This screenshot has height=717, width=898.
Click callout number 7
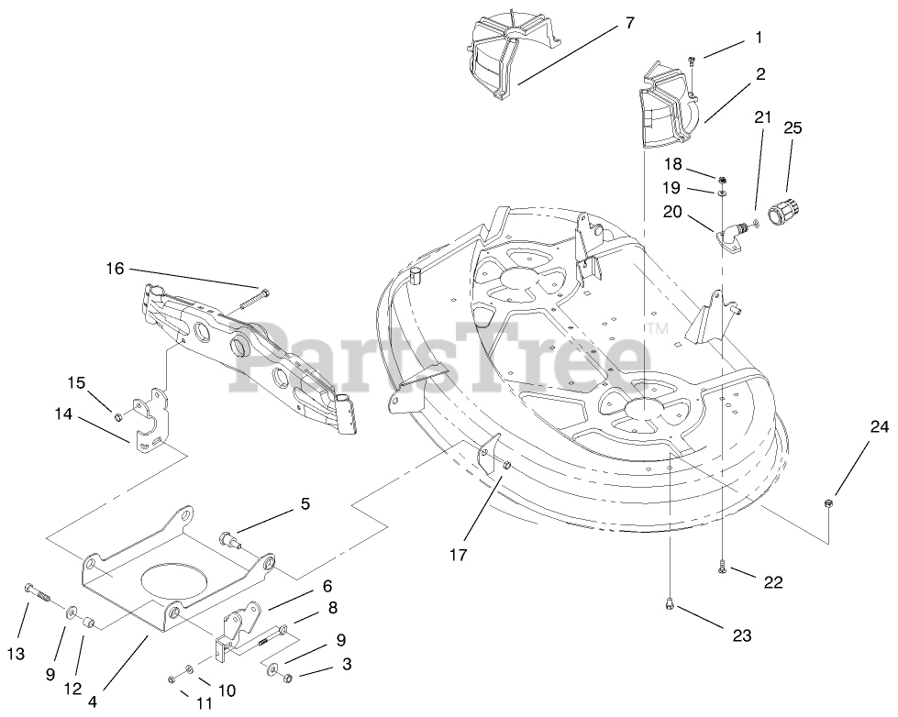(x=629, y=23)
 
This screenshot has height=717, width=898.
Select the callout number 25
(x=792, y=128)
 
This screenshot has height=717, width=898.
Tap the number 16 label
(x=114, y=269)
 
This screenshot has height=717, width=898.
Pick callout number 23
(x=741, y=635)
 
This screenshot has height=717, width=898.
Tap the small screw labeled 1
(x=693, y=61)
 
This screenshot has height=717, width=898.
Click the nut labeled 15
(x=120, y=418)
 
